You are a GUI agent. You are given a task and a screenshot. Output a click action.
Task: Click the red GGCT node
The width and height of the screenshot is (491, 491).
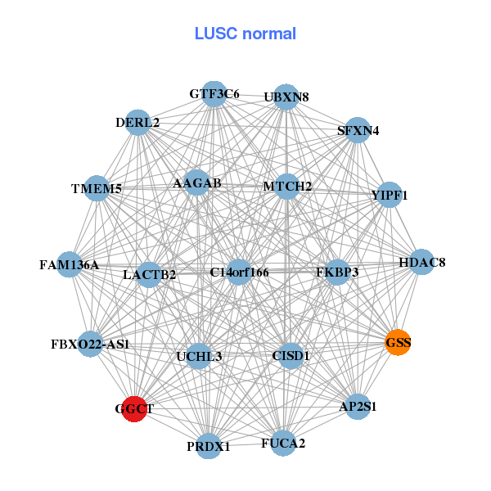[x=133, y=408]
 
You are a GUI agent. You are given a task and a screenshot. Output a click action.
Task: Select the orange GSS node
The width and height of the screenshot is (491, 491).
[x=398, y=342]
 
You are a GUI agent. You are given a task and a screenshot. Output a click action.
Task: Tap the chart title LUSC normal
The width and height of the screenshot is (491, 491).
[x=245, y=34]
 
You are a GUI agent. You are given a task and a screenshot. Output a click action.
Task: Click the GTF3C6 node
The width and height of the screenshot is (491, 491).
[x=214, y=94]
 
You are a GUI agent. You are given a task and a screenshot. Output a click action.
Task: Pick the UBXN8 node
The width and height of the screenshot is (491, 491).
[x=286, y=97]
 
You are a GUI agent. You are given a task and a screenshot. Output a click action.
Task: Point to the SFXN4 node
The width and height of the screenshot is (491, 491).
[x=357, y=130]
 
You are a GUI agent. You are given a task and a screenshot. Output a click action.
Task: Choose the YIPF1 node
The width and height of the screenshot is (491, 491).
[x=390, y=196]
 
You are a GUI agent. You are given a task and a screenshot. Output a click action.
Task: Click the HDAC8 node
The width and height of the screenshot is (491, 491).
[x=421, y=263]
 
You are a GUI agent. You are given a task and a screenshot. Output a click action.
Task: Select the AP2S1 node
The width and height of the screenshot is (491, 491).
[x=358, y=406]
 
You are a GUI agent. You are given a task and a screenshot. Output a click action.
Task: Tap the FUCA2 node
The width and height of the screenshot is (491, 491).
[x=283, y=444]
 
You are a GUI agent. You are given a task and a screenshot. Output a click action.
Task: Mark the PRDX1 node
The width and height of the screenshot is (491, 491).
[x=209, y=446]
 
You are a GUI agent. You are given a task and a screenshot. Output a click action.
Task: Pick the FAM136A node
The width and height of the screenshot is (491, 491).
[x=70, y=264]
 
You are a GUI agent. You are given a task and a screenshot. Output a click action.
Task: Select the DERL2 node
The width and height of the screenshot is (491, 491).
[x=137, y=124]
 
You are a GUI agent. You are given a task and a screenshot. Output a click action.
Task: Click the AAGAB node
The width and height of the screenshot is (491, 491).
[x=197, y=183]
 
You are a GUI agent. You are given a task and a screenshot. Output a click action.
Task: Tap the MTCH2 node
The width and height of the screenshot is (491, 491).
[x=287, y=187]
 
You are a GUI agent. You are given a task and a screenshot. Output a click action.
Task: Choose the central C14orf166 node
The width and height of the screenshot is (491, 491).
[x=239, y=272]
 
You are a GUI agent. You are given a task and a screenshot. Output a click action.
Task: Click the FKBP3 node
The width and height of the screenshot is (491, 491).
[x=337, y=272]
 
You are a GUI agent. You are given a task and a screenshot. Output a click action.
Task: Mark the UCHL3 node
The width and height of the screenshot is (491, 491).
[x=199, y=357]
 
